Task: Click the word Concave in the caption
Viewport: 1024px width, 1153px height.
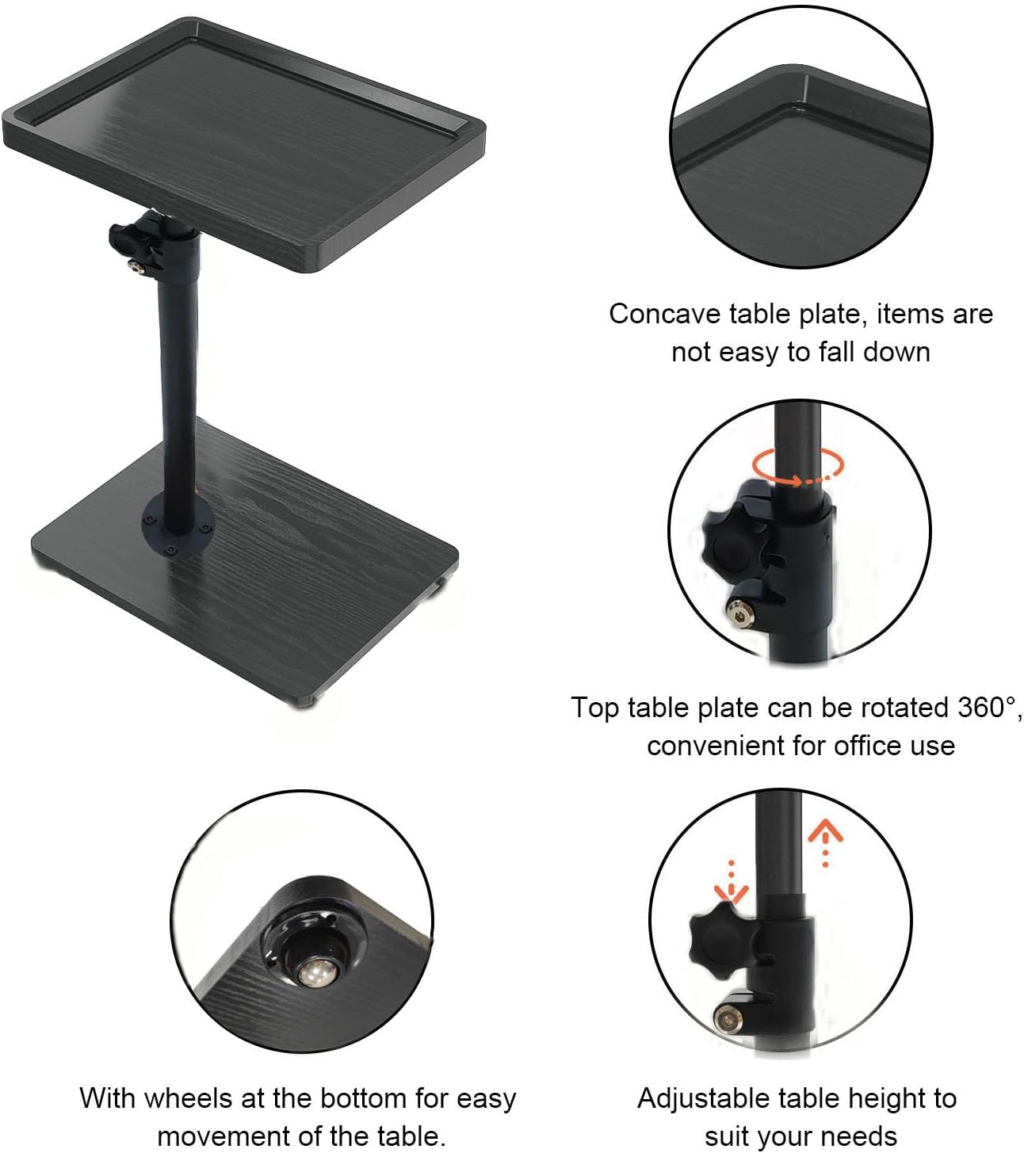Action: click(664, 314)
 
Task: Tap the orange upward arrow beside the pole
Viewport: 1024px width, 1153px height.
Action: click(825, 844)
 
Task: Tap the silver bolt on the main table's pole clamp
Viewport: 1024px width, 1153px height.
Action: click(136, 265)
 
